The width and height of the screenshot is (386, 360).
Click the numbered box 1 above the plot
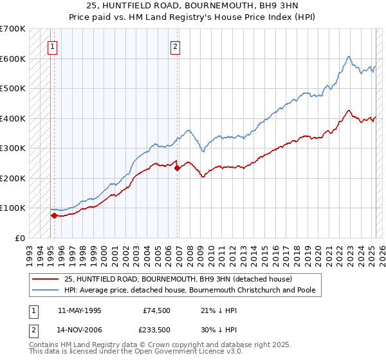(x=51, y=46)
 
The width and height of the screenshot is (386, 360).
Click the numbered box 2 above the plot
(x=175, y=46)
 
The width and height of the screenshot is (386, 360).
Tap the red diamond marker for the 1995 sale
(x=54, y=215)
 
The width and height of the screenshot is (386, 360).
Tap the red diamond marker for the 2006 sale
(x=178, y=168)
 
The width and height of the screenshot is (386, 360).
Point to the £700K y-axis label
(x=13, y=29)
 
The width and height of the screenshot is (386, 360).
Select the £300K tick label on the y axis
(x=13, y=148)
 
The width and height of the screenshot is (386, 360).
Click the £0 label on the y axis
(x=21, y=238)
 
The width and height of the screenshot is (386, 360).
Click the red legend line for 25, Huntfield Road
(x=46, y=279)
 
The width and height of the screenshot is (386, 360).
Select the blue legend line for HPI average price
(x=46, y=290)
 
